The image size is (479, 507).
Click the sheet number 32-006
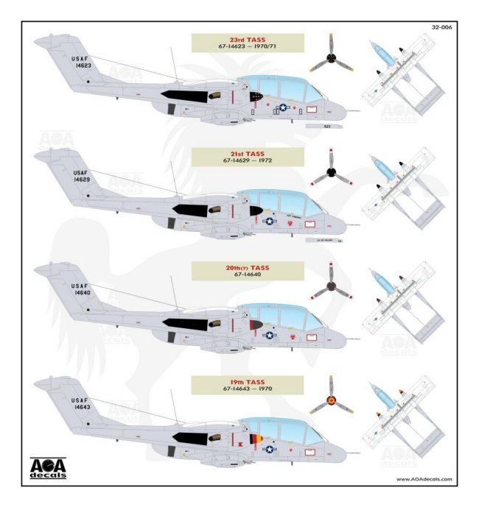(x=441, y=29)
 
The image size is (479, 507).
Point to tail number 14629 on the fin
(x=82, y=179)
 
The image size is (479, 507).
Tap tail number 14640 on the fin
(x=82, y=292)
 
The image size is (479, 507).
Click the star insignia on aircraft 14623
(x=283, y=107)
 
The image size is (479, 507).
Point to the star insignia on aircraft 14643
(x=269, y=449)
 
